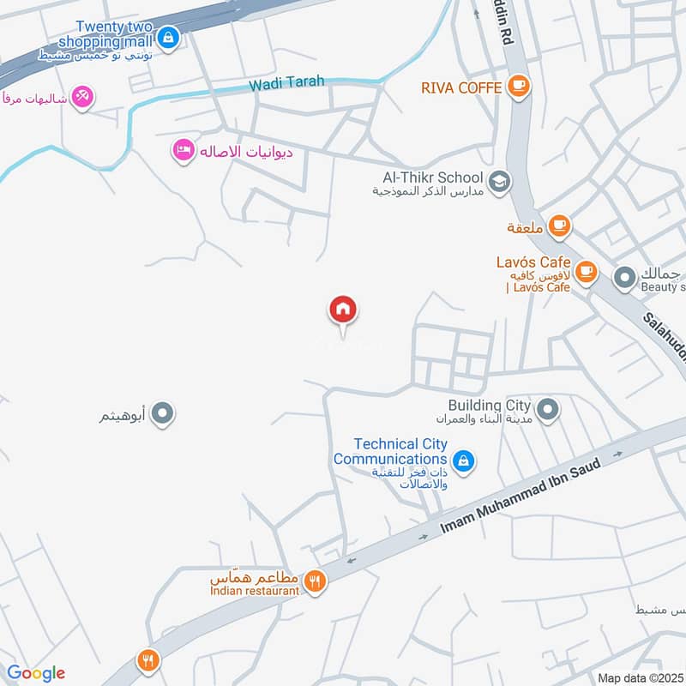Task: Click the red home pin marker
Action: click(x=343, y=310)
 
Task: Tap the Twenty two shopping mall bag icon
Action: click(x=168, y=38)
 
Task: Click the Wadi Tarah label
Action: click(x=286, y=83)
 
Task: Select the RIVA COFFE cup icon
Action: click(x=518, y=86)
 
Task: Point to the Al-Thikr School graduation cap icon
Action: click(x=498, y=181)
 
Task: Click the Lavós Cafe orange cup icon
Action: click(x=586, y=272)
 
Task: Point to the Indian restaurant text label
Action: click(x=255, y=591)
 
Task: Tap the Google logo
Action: click(x=36, y=673)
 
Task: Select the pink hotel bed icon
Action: click(x=183, y=151)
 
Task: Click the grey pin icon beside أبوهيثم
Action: click(x=162, y=416)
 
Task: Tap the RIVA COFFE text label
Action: click(x=461, y=87)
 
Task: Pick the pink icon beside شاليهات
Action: click(x=82, y=96)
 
